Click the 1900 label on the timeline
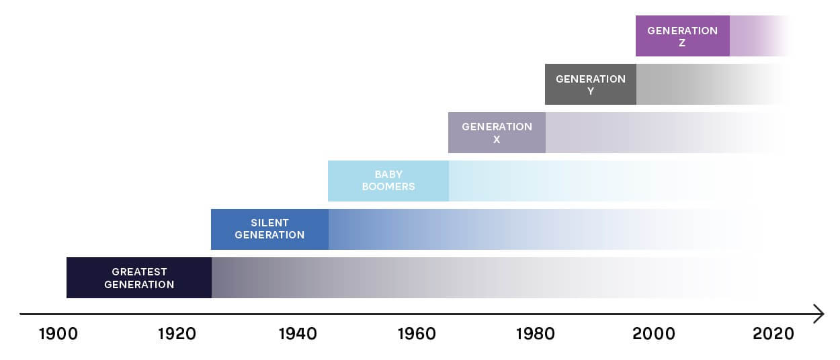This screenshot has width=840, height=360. [x=58, y=334]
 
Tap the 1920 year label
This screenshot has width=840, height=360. [x=177, y=334]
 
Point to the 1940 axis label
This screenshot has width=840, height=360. [x=298, y=334]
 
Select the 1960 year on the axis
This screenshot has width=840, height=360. [x=417, y=334]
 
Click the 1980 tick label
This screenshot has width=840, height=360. [x=536, y=334]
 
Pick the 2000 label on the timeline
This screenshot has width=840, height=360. [x=655, y=334]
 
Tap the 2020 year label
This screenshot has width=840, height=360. [x=773, y=334]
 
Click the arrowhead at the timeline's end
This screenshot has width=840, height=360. [x=818, y=314]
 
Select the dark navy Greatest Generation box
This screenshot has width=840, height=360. [x=139, y=277]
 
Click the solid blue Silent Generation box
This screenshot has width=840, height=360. [x=269, y=229]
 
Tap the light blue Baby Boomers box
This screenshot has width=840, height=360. [x=388, y=181]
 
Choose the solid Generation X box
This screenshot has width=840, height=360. [x=497, y=132]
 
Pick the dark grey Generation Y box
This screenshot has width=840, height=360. [x=590, y=84]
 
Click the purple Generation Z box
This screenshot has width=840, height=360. [x=682, y=36]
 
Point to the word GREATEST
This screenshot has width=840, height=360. [x=139, y=272]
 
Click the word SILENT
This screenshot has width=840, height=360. [x=269, y=223]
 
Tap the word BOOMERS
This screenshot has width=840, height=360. [x=388, y=187]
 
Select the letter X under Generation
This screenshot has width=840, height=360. [x=497, y=140]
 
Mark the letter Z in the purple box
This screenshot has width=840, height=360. [x=682, y=43]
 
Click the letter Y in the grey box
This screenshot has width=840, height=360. [x=591, y=91]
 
